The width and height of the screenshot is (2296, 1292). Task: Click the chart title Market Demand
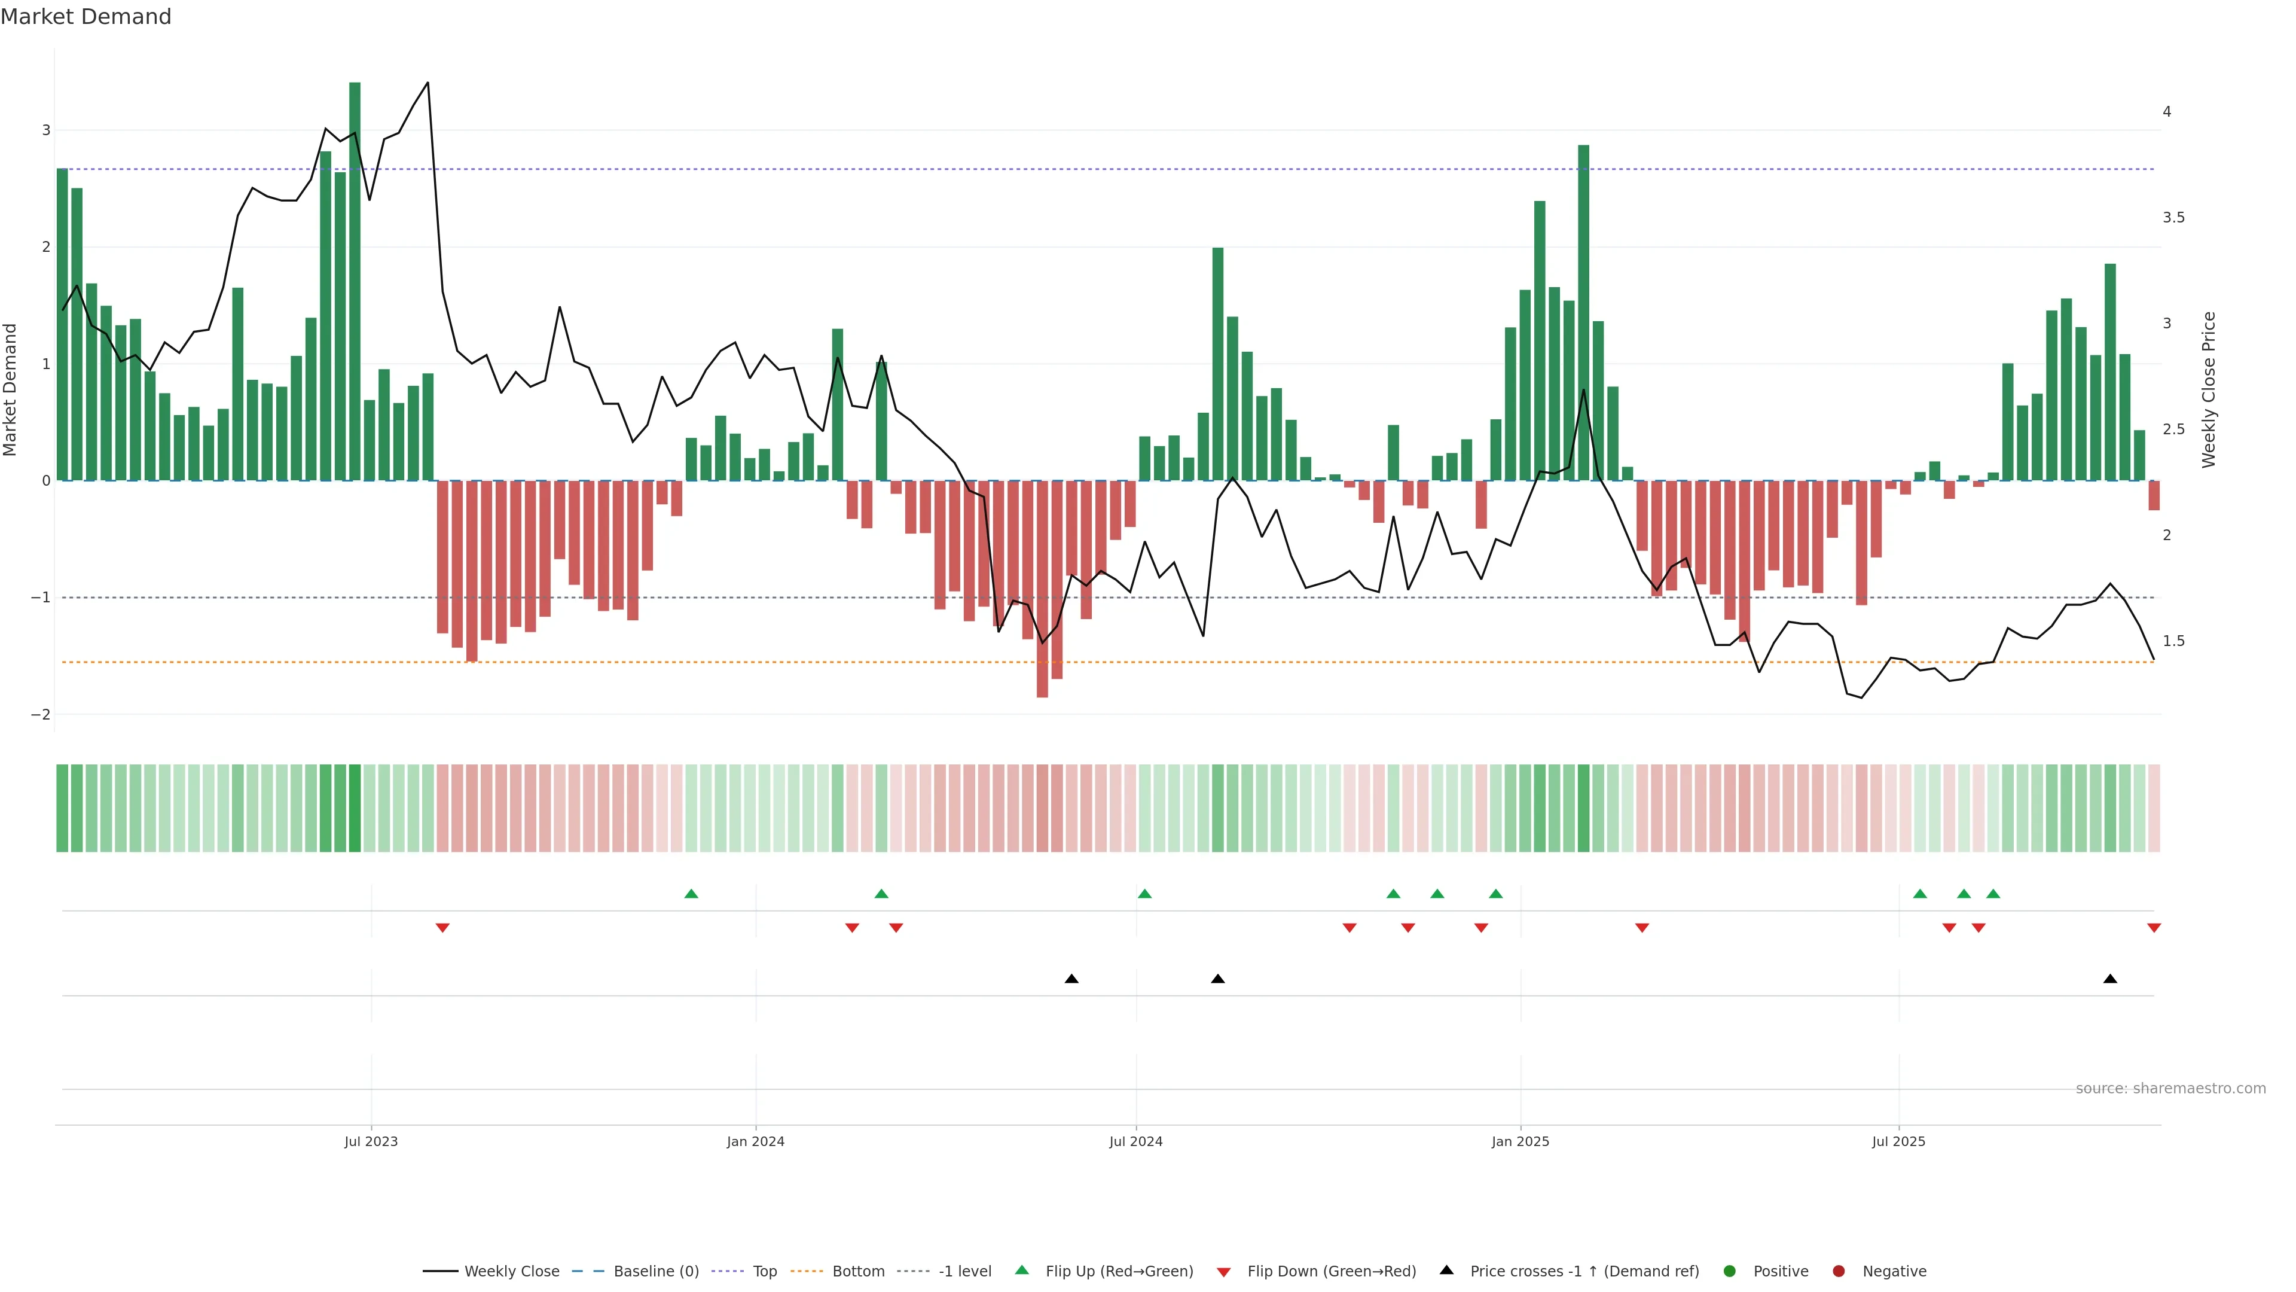86,17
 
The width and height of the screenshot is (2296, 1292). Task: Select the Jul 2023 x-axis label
371,1141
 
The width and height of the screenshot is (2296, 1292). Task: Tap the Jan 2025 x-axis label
1520,1141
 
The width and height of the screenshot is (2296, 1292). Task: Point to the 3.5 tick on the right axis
2173,218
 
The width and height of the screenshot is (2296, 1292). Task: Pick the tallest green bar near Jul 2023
355,281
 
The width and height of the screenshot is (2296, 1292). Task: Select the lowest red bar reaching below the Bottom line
1042,589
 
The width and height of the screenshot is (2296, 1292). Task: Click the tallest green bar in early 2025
1583,312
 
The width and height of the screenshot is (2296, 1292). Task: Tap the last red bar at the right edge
2153,496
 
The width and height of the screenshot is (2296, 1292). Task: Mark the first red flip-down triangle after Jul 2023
442,928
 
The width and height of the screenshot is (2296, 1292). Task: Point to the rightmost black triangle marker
2109,979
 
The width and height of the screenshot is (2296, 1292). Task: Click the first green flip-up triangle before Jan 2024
691,894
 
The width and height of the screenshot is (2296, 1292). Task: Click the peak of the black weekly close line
428,83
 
